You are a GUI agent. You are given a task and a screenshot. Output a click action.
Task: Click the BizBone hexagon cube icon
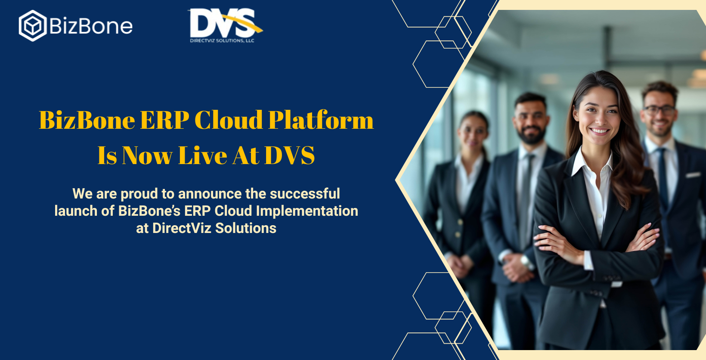click(33, 25)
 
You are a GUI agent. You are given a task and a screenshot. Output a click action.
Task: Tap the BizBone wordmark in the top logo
click(91, 26)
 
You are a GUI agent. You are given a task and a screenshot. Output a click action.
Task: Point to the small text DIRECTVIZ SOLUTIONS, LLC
click(222, 40)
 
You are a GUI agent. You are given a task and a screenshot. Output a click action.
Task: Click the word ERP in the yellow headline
click(164, 120)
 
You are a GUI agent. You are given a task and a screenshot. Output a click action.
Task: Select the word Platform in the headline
click(321, 120)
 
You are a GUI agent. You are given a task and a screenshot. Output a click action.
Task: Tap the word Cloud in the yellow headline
click(229, 120)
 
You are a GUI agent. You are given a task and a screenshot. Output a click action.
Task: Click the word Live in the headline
click(203, 155)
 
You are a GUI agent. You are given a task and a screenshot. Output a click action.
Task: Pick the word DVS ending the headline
click(289, 155)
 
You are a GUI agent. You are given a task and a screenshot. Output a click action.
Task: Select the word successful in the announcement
click(305, 193)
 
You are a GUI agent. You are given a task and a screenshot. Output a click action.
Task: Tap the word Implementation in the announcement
click(307, 211)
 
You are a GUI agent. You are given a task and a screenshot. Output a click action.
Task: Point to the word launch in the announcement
click(76, 211)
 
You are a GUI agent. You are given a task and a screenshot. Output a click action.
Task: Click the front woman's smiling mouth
click(599, 131)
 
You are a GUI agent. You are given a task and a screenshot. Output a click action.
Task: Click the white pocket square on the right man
click(693, 174)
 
